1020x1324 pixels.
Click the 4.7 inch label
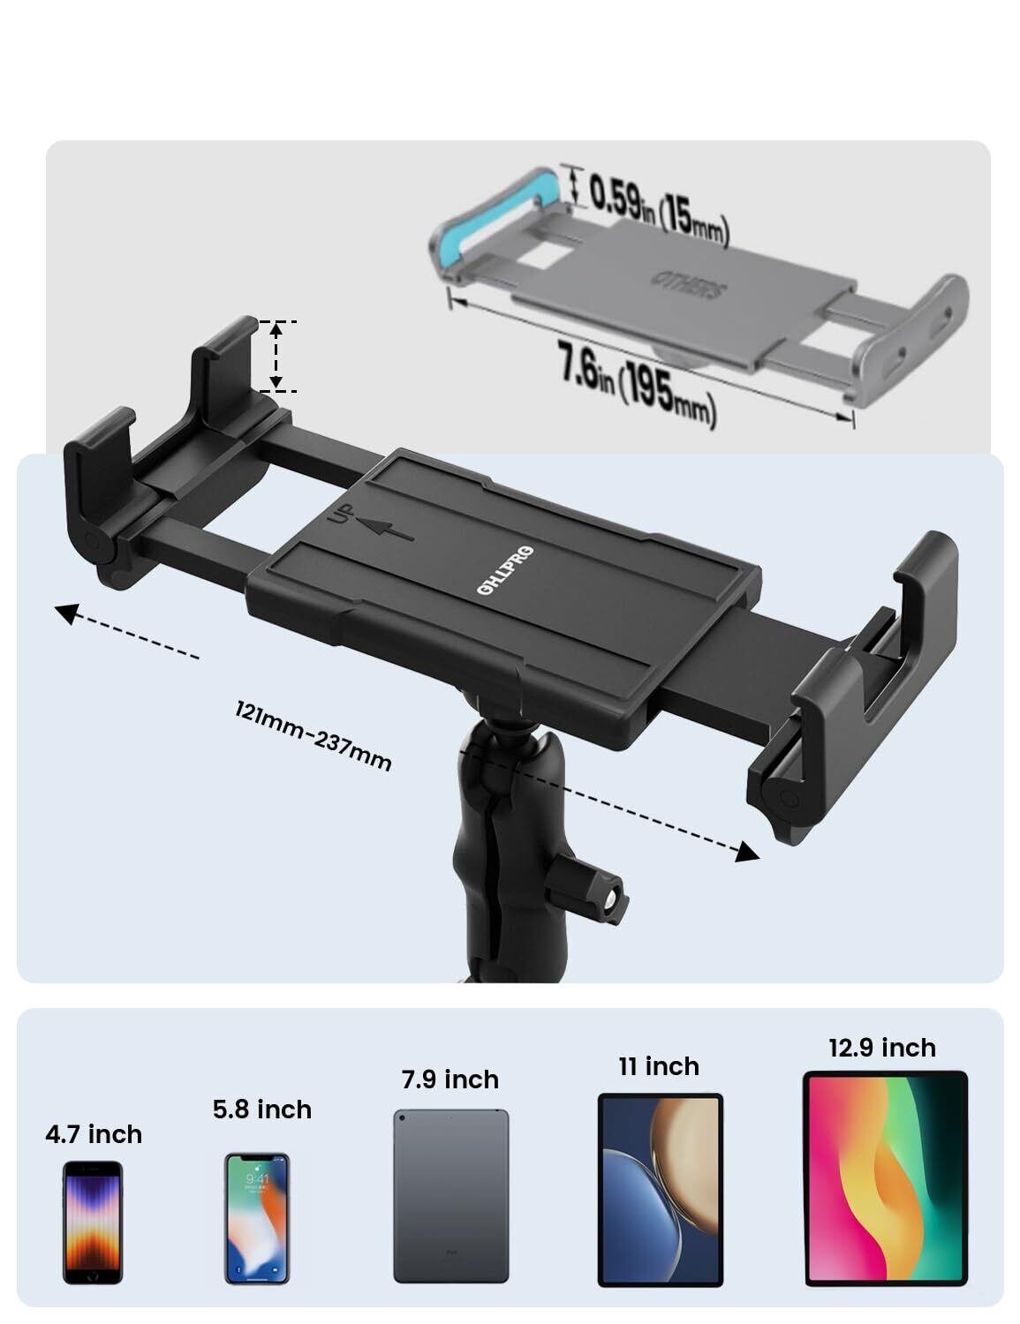pyautogui.click(x=94, y=1134)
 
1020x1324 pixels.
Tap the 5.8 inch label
pyautogui.click(x=262, y=1110)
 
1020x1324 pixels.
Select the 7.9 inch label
pyautogui.click(x=450, y=1080)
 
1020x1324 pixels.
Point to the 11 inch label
pyautogui.click(x=659, y=1066)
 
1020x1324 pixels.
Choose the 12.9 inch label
pyautogui.click(x=881, y=1048)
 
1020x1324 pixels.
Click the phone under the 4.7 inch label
pyautogui.click(x=93, y=1222)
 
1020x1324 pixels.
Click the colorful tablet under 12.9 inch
pyautogui.click(x=885, y=1178)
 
